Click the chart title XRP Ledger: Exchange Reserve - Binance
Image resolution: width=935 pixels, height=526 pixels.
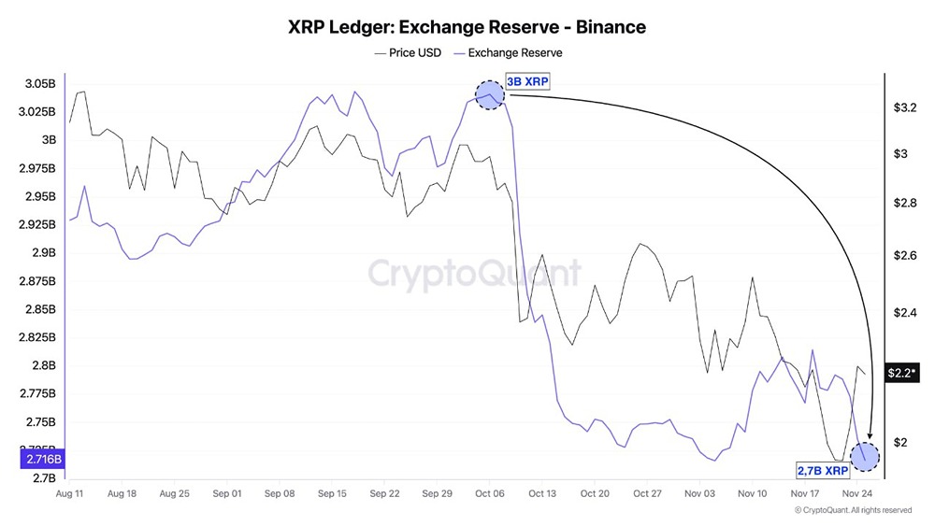coord(467,27)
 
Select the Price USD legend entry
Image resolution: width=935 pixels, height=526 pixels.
coord(407,53)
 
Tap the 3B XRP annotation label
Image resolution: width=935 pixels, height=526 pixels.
coord(527,81)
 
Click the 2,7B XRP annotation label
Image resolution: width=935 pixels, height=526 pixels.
coord(823,470)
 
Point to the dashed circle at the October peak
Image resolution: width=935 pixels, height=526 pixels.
coord(489,95)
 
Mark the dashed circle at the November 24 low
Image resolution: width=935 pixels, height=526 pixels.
coord(865,457)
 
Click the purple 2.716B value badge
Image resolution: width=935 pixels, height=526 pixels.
coord(39,460)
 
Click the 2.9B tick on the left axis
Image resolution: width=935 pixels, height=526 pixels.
coord(42,253)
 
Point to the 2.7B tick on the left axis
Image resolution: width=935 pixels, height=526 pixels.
coord(42,478)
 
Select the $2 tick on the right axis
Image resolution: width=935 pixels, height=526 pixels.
coord(901,442)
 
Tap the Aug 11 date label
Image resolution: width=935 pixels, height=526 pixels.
coord(71,492)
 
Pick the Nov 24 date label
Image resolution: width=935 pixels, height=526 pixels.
coord(855,492)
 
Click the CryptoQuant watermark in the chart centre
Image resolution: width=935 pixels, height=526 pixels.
coord(473,273)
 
